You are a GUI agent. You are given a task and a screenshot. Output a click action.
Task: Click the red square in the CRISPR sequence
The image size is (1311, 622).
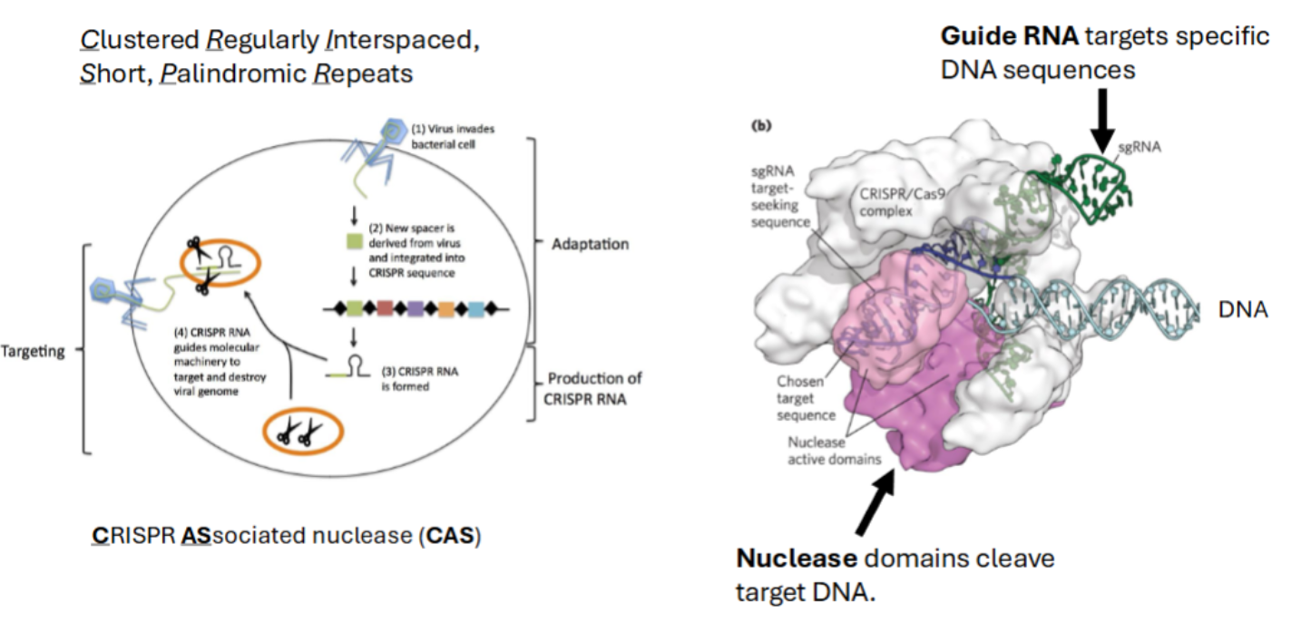pyautogui.click(x=384, y=308)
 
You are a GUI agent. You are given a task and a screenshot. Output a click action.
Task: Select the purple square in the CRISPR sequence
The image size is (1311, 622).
pyautogui.click(x=416, y=308)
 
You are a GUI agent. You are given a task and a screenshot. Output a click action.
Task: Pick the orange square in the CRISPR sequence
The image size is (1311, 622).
pyautogui.click(x=446, y=308)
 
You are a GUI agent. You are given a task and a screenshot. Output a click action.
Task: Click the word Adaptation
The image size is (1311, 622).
pyautogui.click(x=590, y=244)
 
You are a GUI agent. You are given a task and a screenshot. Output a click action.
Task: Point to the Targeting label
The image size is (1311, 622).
pyautogui.click(x=34, y=352)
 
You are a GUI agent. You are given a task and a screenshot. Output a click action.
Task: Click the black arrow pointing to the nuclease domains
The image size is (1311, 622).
pyautogui.click(x=877, y=509)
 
